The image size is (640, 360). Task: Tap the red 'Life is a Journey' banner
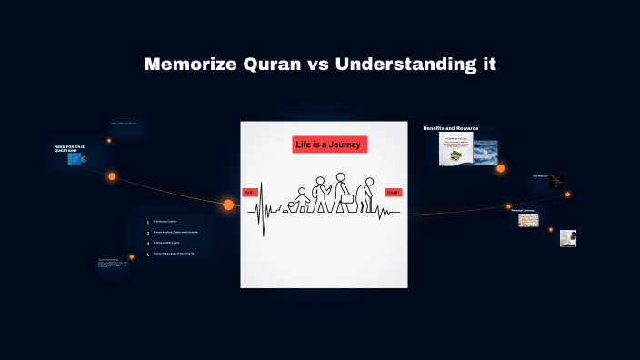[x=329, y=145]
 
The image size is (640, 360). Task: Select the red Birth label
[x=249, y=193]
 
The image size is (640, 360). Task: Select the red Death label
[x=393, y=193]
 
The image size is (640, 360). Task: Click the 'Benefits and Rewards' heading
[x=450, y=128]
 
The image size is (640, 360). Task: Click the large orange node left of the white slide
[x=228, y=205]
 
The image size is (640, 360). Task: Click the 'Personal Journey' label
[x=522, y=209]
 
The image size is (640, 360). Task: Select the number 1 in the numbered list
[x=147, y=222]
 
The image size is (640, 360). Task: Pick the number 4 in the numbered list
[x=147, y=254]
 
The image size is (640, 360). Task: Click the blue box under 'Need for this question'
[x=75, y=159]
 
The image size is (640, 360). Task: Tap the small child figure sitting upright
[x=301, y=197]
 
